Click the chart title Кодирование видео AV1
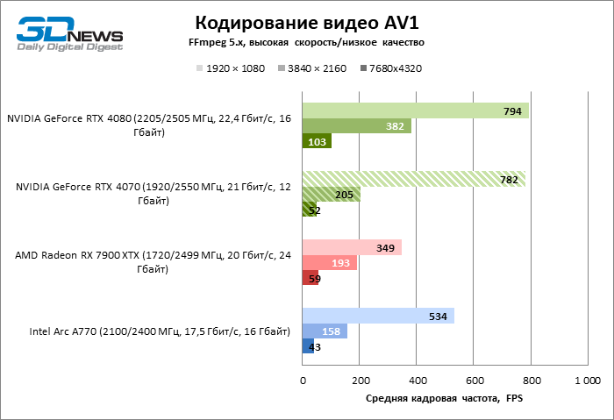coord(306,22)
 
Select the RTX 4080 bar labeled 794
coord(415,110)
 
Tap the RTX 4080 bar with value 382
coord(356,126)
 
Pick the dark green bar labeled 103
coord(317,141)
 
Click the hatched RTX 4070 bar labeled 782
coord(413,179)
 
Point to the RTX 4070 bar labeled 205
coord(331,194)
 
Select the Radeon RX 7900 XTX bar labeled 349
coord(352,247)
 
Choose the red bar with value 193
coord(329,262)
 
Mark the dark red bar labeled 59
coord(311,278)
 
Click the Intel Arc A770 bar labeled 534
coord(378,316)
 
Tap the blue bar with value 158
coord(325,331)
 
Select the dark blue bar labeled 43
coord(308,346)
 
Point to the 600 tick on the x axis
coord(474,381)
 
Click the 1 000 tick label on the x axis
coord(587,381)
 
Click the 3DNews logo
coord(68,35)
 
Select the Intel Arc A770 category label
coord(159,331)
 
